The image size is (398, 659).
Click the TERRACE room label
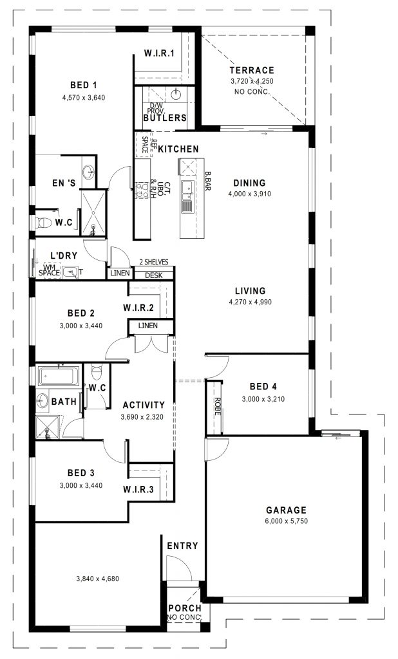252,70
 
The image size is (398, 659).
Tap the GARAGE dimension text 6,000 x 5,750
287,521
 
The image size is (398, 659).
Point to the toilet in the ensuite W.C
43,222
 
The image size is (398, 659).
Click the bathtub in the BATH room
59,376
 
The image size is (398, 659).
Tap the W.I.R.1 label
159,53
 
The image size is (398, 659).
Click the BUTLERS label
165,118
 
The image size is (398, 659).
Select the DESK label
153,275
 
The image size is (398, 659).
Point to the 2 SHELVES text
153,263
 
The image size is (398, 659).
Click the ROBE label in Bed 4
217,407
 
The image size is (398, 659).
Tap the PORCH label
185,608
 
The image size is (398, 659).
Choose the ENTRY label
183,546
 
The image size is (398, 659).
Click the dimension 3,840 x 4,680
98,579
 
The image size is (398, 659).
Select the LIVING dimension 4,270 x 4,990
251,302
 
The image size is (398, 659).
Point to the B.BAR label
207,181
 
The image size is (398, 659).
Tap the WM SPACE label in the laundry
49,270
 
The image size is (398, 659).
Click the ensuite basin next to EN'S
89,171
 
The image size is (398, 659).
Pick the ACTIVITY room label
144,405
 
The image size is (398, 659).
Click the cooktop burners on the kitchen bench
142,190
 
